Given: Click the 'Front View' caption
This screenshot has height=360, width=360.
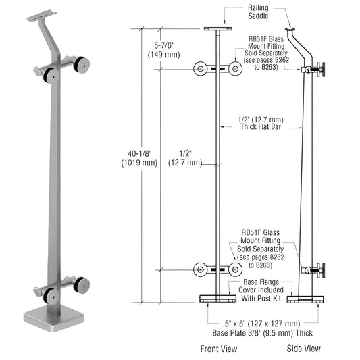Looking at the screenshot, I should pyautogui.click(x=217, y=349).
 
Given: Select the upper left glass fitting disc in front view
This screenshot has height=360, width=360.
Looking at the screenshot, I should pyautogui.click(x=200, y=69).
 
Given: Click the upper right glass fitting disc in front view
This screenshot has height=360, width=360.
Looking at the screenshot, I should pyautogui.click(x=234, y=69).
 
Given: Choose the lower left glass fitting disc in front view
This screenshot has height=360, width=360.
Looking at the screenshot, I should pyautogui.click(x=200, y=269).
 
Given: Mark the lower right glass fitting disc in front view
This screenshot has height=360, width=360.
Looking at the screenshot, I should pyautogui.click(x=234, y=269).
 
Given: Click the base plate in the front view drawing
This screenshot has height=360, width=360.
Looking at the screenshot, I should pyautogui.click(x=217, y=299).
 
